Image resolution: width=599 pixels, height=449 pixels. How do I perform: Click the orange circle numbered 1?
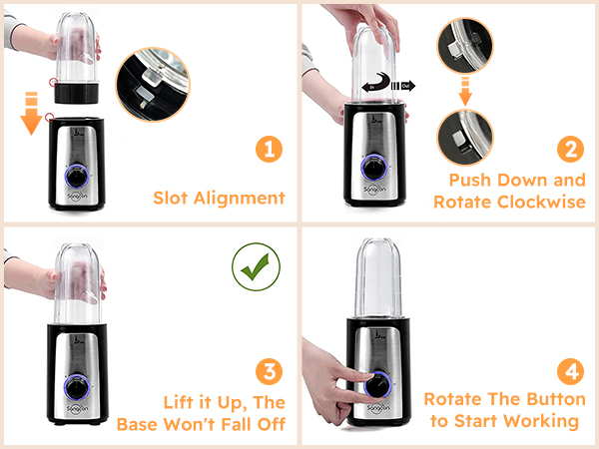tap(267, 151)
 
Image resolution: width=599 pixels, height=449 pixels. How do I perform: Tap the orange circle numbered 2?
tap(569, 151)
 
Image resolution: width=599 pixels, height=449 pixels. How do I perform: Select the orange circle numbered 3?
tap(267, 372)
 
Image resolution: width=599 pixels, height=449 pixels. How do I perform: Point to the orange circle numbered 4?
tap(569, 372)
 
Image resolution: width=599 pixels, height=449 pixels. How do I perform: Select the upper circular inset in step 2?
tap(465, 47)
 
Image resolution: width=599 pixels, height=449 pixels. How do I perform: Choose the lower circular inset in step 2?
tap(465, 140)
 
